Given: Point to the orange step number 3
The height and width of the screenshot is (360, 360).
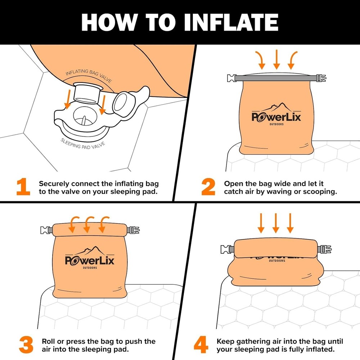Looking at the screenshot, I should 26,345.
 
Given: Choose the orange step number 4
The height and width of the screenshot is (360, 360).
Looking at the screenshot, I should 201,345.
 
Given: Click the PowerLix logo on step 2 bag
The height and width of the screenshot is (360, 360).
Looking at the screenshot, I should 276,115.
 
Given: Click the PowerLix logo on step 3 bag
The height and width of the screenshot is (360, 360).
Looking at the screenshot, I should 90,258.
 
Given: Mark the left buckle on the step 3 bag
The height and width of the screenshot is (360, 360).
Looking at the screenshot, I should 46,229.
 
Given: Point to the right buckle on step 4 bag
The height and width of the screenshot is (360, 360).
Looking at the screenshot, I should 325,249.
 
